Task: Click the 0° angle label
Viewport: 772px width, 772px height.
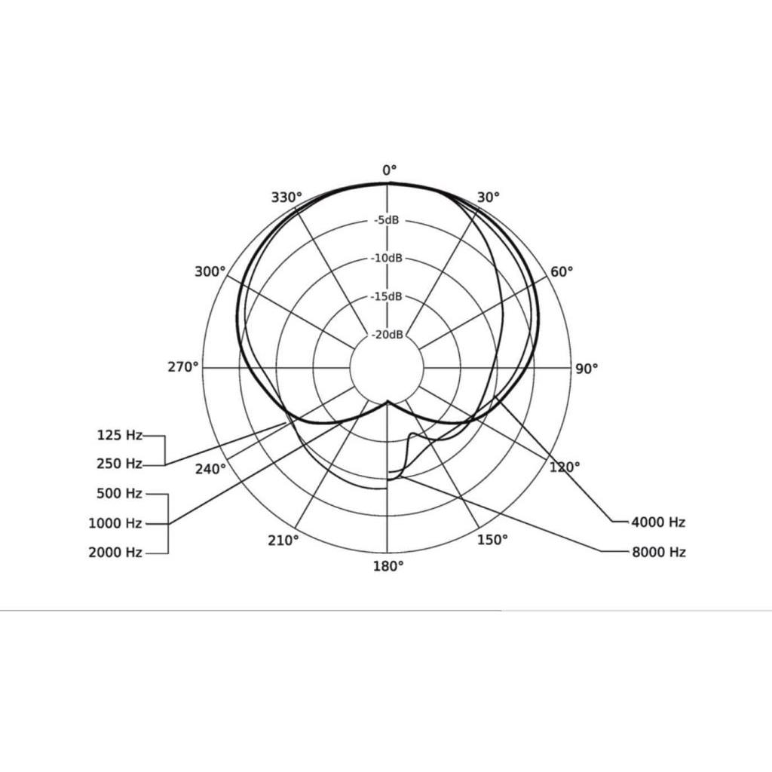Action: pyautogui.click(x=390, y=171)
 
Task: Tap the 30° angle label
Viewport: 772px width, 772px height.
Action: pyautogui.click(x=489, y=198)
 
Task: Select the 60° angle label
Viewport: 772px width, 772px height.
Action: pyautogui.click(x=562, y=271)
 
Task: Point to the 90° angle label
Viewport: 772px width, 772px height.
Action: pyautogui.click(x=587, y=369)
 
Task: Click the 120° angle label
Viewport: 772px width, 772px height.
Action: pyautogui.click(x=565, y=467)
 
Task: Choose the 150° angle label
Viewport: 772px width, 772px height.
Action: pyautogui.click(x=492, y=540)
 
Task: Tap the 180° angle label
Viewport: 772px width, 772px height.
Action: pyautogui.click(x=388, y=566)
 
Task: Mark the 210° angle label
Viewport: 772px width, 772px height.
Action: pyautogui.click(x=283, y=541)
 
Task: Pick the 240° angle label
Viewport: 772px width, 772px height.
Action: pyautogui.click(x=211, y=469)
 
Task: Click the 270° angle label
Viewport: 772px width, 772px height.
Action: pyautogui.click(x=183, y=367)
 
